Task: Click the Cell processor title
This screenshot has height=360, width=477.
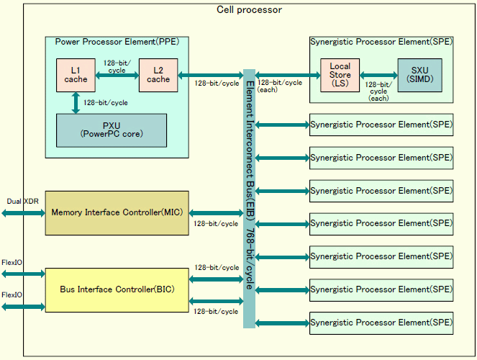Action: point(249,9)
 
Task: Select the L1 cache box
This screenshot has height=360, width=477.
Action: point(76,74)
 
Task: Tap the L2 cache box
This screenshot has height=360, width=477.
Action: point(158,74)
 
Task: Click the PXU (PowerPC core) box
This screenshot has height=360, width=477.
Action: point(111,130)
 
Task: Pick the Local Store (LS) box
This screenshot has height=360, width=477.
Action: point(340,75)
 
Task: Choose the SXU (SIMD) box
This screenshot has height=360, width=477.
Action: point(419,75)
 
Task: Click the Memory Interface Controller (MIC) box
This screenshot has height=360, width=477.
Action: point(117,212)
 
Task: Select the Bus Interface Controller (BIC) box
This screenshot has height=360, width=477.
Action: point(117,289)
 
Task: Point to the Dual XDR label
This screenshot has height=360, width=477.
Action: point(22,201)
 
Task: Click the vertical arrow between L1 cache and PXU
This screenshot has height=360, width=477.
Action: point(76,102)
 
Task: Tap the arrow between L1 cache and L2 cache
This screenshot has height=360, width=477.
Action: point(117,73)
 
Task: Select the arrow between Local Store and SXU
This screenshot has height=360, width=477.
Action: point(378,75)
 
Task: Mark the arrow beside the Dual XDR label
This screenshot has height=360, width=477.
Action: point(22,212)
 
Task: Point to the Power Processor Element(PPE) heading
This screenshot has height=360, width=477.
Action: point(117,42)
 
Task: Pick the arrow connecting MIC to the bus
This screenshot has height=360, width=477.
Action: point(216,212)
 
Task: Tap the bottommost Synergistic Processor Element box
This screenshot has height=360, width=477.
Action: point(381,323)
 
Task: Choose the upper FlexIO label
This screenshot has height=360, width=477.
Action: point(12,263)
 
